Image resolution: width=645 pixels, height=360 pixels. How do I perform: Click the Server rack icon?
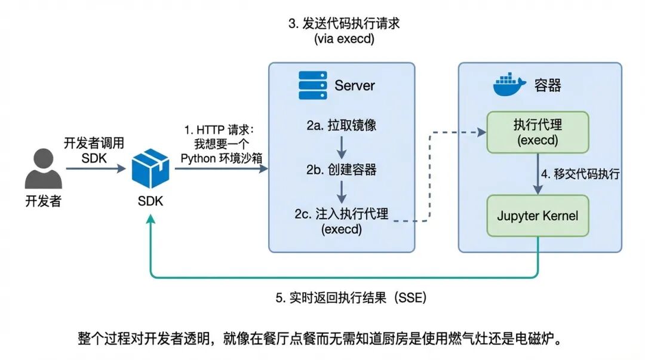click(312, 85)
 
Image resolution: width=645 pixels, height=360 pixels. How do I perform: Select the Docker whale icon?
click(509, 85)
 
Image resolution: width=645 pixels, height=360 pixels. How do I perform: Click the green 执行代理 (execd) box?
click(538, 132)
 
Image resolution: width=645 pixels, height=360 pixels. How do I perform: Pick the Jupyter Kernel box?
click(538, 216)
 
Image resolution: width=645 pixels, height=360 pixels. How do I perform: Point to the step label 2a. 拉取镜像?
click(341, 126)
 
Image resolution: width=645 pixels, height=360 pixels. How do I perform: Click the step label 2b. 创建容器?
click(341, 170)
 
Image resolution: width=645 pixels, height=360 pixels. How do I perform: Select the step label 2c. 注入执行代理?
click(341, 214)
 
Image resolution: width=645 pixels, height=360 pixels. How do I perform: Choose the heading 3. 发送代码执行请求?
click(343, 24)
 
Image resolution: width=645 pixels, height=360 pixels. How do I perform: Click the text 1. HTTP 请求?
click(219, 130)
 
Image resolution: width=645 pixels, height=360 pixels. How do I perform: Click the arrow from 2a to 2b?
click(341, 147)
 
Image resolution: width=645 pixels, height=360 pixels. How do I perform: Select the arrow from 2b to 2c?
click(341, 191)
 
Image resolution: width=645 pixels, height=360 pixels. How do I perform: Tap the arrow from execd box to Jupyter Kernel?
click(538, 174)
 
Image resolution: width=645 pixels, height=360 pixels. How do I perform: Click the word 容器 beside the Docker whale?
click(547, 85)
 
